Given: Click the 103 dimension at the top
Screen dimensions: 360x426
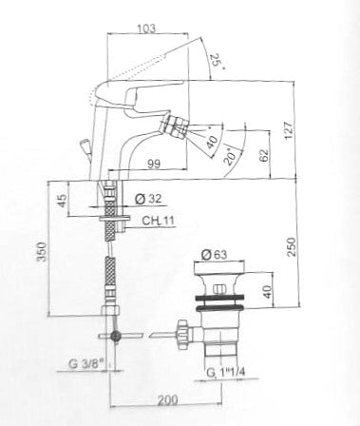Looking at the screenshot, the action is click(x=146, y=29).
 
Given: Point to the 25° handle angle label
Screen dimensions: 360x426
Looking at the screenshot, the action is click(x=218, y=61).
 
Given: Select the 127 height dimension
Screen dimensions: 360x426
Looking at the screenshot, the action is click(x=290, y=130).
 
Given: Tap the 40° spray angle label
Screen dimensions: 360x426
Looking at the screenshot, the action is click(x=212, y=140).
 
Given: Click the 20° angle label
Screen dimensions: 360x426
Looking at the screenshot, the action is click(x=231, y=156).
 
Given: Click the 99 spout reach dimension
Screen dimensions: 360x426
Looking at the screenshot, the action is click(x=154, y=164).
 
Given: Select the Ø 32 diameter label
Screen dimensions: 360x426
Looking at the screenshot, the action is click(x=148, y=199).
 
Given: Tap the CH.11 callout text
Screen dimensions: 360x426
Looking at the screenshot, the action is click(x=158, y=221).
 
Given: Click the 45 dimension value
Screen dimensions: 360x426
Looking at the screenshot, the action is click(x=62, y=201).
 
